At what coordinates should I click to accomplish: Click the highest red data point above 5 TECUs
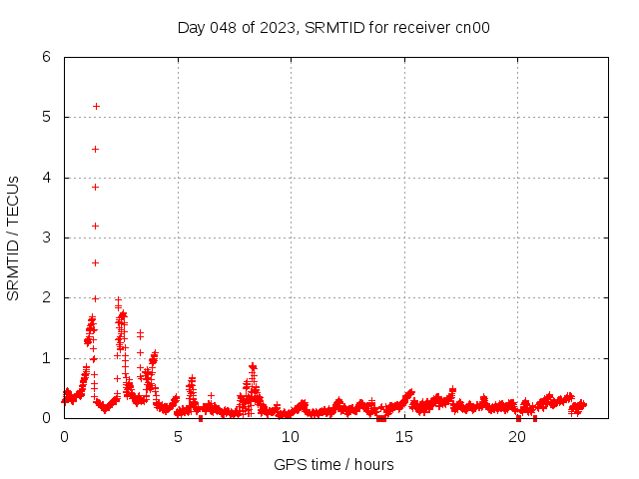tap(96, 106)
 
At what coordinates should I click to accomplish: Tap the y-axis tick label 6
tap(47, 57)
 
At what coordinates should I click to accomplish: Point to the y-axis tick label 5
tap(47, 117)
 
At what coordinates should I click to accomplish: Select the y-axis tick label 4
tap(47, 178)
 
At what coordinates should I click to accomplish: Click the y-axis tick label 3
tap(47, 238)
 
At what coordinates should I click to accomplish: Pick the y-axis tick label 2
tap(47, 298)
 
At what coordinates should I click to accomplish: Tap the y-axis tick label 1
tap(47, 358)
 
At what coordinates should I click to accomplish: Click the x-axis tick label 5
tap(178, 436)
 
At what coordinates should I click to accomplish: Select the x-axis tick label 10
tap(291, 436)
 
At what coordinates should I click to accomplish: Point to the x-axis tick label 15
tap(404, 436)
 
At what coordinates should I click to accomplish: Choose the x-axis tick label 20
tap(517, 436)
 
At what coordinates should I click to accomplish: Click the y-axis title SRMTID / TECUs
tap(14, 238)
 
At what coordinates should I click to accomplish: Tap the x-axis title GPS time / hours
tap(333, 464)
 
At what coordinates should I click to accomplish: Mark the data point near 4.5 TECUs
tap(96, 149)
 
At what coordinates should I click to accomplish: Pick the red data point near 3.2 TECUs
tap(96, 226)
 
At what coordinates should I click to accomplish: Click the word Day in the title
tap(191, 27)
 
